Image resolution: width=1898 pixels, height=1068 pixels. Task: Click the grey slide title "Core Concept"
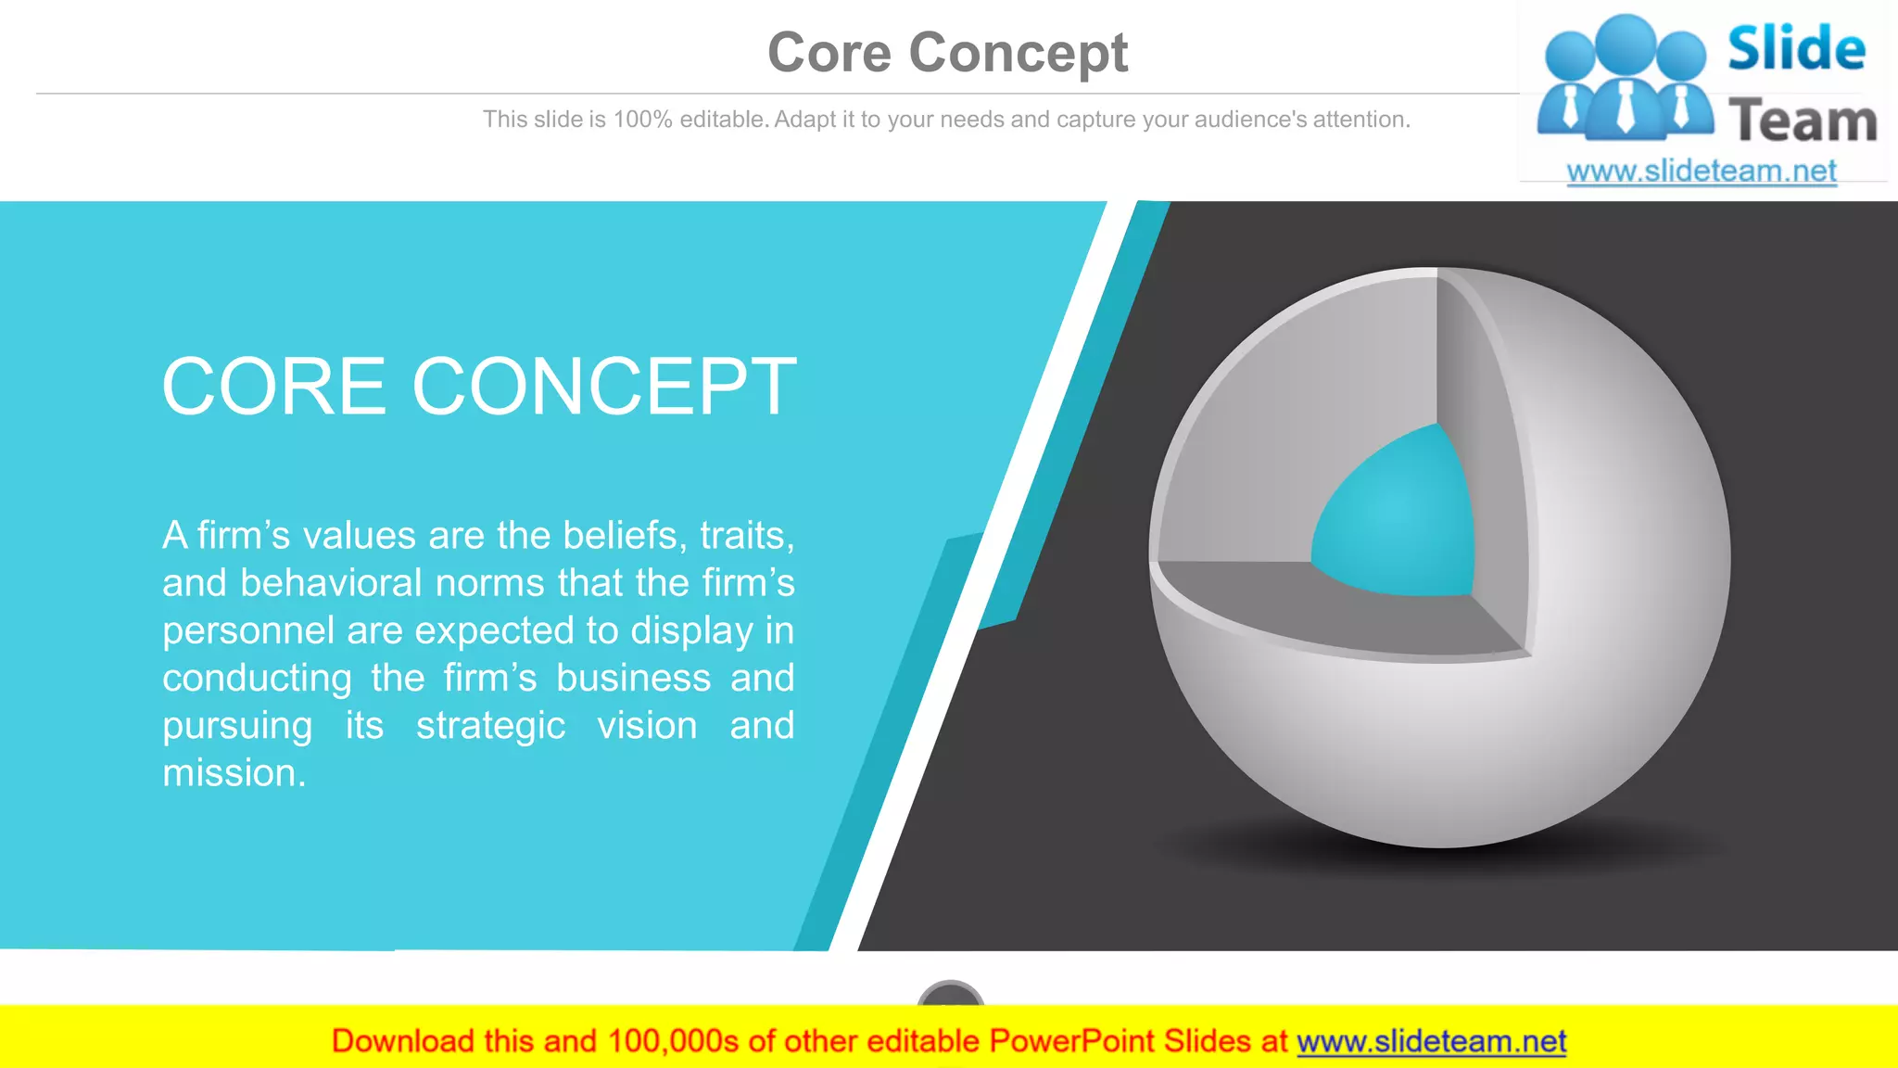pyautogui.click(x=947, y=53)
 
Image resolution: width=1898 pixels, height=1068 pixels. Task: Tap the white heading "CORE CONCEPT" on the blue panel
pyautogui.click(x=479, y=387)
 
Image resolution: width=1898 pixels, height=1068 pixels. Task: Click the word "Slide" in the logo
pyautogui.click(x=1796, y=49)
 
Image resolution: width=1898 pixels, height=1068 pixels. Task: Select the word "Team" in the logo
pyautogui.click(x=1803, y=121)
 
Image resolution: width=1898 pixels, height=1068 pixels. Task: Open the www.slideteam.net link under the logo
pyautogui.click(x=1702, y=172)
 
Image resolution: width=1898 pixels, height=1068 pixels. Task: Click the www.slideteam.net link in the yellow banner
pyautogui.click(x=1431, y=1042)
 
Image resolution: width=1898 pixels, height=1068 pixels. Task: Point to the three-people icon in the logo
pyautogui.click(x=1625, y=79)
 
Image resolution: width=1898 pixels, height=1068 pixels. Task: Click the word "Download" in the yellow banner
pyautogui.click(x=402, y=1042)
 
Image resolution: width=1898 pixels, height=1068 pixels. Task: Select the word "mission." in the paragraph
pyautogui.click(x=234, y=773)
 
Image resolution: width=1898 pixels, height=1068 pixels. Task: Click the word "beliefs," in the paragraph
pyautogui.click(x=625, y=536)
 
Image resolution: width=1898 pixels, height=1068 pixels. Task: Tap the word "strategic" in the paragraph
pyautogui.click(x=490, y=726)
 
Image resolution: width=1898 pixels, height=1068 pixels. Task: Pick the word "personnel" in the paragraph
pyautogui.click(x=247, y=631)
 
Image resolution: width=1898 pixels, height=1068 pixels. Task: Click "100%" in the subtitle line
pyautogui.click(x=642, y=120)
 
